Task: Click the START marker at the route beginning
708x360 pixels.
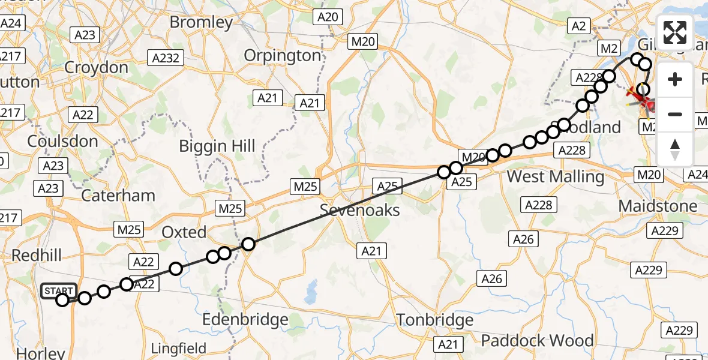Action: click(x=59, y=292)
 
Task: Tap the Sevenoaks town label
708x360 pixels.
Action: click(x=359, y=211)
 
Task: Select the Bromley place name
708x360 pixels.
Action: click(x=201, y=23)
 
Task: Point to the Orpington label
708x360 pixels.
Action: click(x=283, y=56)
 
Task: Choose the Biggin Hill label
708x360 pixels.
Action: click(x=218, y=146)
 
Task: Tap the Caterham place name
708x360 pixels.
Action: click(x=118, y=196)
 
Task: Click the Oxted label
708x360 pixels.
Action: click(x=184, y=232)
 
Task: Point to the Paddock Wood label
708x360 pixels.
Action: click(x=537, y=341)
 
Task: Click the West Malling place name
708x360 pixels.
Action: click(x=556, y=177)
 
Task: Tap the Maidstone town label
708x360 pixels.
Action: click(x=658, y=206)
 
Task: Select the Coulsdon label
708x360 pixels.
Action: click(x=62, y=142)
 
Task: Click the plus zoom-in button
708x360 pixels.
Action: click(x=675, y=79)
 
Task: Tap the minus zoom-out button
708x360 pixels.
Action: click(x=675, y=114)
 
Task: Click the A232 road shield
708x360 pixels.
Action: click(x=166, y=57)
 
